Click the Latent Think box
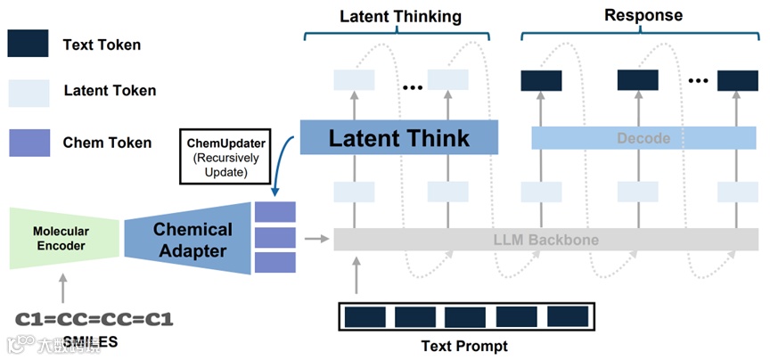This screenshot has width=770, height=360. [x=397, y=138]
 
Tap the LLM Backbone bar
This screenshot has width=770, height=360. [x=546, y=240]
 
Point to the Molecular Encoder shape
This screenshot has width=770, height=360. [x=61, y=238]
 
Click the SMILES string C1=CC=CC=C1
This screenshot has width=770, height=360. [x=94, y=318]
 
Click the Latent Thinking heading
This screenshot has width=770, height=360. [x=401, y=16]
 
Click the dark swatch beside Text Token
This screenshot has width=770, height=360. [x=28, y=44]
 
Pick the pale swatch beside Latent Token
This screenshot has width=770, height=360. [x=28, y=93]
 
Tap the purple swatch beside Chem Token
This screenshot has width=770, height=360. [x=28, y=142]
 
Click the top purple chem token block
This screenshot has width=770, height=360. [x=274, y=212]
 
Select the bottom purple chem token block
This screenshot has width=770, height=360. [x=274, y=263]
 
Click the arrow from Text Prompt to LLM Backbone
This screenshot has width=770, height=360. [x=356, y=276]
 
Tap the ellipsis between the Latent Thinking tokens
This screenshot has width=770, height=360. [x=411, y=86]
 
